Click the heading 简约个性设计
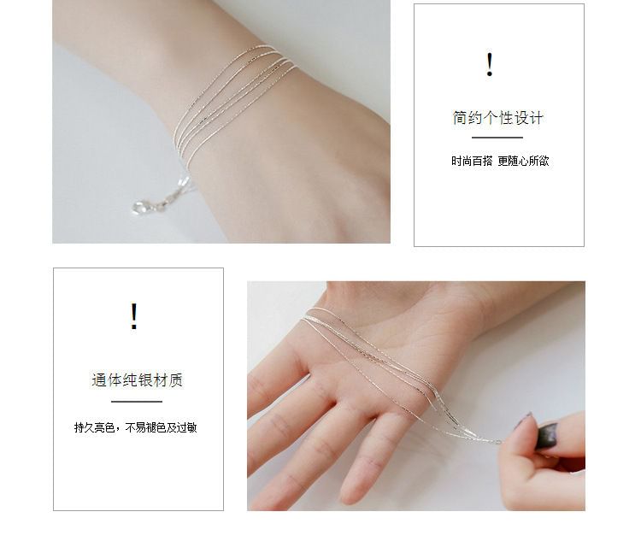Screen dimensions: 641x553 click(x=497, y=118)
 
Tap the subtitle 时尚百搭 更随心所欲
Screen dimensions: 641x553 click(x=500, y=161)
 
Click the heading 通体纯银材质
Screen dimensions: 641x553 click(x=137, y=379)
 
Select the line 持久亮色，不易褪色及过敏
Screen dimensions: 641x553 click(x=135, y=427)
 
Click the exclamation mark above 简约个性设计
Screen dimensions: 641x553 click(x=490, y=65)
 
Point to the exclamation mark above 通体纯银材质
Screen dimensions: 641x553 click(x=133, y=316)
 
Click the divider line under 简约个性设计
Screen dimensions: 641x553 click(x=497, y=138)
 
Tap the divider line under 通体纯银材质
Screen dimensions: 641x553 click(x=137, y=402)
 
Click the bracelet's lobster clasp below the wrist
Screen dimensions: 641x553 click(x=141, y=207)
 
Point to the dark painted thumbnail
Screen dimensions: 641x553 click(x=547, y=435)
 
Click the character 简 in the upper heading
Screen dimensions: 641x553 click(x=460, y=118)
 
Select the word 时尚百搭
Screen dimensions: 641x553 click(x=472, y=161)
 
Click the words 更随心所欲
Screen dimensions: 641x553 click(x=523, y=161)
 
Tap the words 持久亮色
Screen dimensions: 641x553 click(x=94, y=427)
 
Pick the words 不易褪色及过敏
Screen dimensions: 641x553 click(x=161, y=427)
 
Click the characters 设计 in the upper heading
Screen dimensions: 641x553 click(x=528, y=118)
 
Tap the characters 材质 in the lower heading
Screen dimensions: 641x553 click(x=168, y=379)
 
